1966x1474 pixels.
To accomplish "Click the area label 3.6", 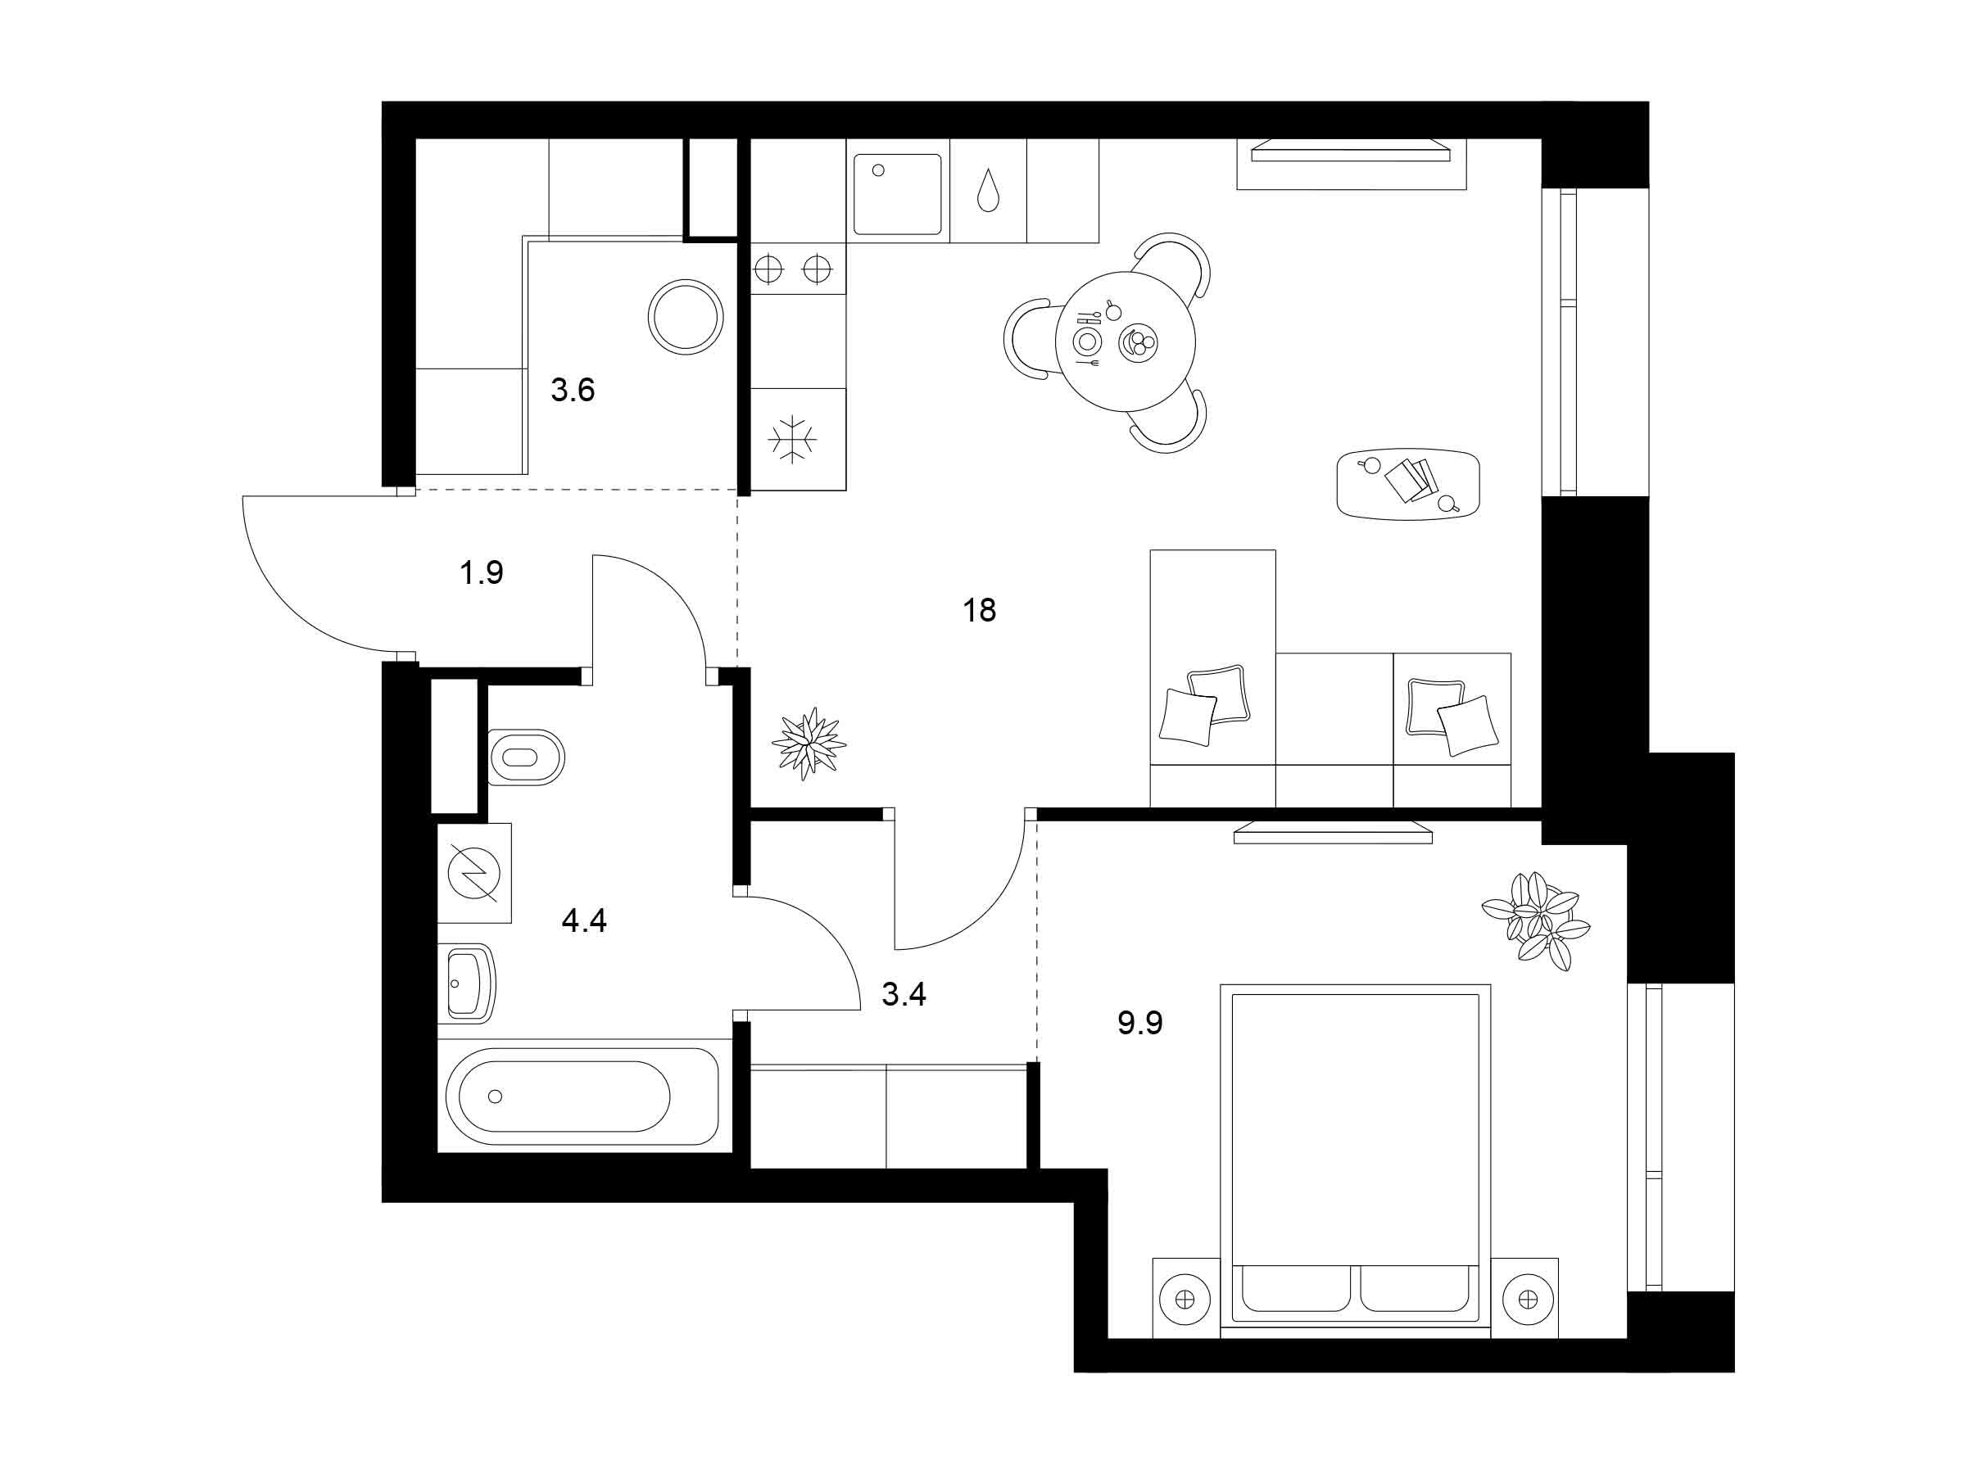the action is click(x=573, y=389).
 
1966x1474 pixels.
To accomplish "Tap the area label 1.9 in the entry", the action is click(x=481, y=573).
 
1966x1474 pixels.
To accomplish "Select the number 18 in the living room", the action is click(x=980, y=610).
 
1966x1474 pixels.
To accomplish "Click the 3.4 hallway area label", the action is click(x=904, y=994).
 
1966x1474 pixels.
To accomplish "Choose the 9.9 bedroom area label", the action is click(x=1140, y=1024).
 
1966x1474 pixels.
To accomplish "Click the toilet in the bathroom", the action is click(x=526, y=757).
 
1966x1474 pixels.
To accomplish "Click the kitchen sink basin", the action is click(x=897, y=195).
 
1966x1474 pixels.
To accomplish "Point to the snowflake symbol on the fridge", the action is click(x=792, y=439).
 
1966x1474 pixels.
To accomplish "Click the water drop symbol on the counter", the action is click(x=986, y=190).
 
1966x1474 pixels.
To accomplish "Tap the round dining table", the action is click(x=1126, y=341).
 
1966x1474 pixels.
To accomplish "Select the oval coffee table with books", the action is click(x=1408, y=483).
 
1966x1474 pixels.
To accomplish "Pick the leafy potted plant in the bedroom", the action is click(x=1535, y=920).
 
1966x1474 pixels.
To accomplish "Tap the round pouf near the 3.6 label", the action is click(x=686, y=315).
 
